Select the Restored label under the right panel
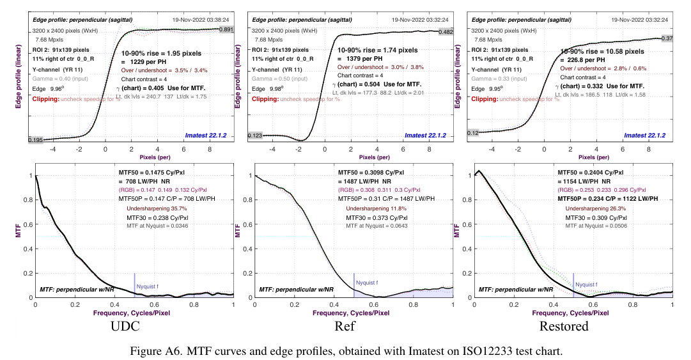[x=563, y=327]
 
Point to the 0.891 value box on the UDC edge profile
[x=226, y=30]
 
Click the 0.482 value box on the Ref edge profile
[x=446, y=32]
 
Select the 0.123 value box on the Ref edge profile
[x=256, y=136]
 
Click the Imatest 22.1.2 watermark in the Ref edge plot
[x=424, y=136]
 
